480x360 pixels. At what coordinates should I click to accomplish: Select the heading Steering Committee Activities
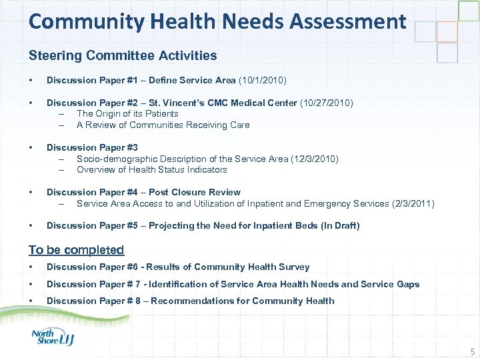(x=123, y=55)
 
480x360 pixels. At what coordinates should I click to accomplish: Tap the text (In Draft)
(x=340, y=226)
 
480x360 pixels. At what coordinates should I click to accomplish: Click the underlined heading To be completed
(x=76, y=250)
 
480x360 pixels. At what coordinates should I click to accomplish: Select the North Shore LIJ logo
(x=53, y=337)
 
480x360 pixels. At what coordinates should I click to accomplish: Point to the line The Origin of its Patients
(x=127, y=114)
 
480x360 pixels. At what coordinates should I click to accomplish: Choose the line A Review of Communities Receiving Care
(x=163, y=125)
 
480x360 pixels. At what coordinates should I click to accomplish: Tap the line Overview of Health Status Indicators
(x=151, y=169)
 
